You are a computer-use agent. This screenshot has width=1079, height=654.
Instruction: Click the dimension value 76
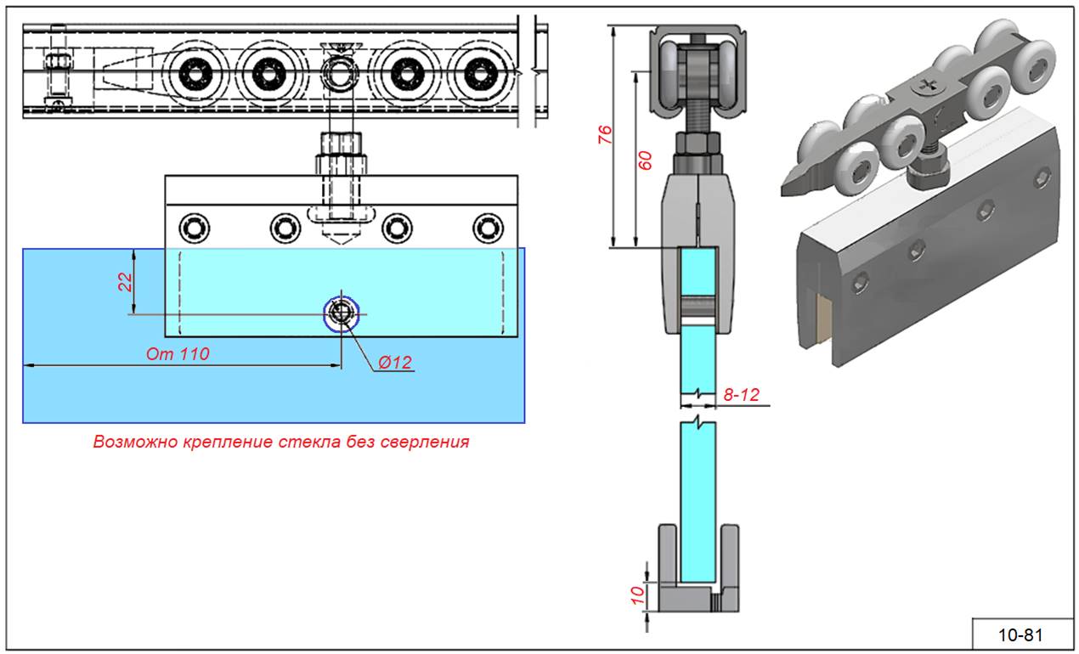(x=605, y=134)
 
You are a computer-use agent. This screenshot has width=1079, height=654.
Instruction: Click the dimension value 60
(x=645, y=160)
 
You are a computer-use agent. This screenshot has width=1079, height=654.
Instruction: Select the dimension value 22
(x=125, y=282)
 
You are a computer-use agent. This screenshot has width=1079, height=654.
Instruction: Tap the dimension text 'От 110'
(x=178, y=354)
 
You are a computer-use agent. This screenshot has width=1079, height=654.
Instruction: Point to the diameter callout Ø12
(x=394, y=363)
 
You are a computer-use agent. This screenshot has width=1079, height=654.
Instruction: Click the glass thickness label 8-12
(x=741, y=394)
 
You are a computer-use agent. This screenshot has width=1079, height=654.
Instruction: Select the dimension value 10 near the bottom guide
(x=636, y=594)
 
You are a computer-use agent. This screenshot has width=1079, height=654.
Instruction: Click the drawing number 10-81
(x=1020, y=634)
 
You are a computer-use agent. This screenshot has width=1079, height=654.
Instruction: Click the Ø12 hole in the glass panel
(x=342, y=313)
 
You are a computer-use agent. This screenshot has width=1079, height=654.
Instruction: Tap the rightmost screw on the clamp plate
(x=487, y=227)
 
